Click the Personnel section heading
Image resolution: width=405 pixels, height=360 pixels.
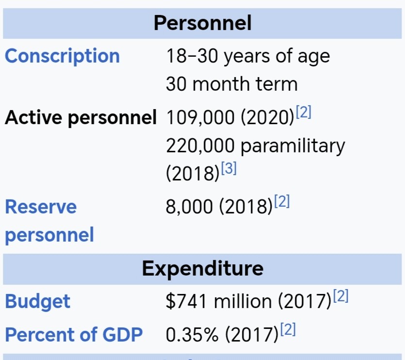point(202,23)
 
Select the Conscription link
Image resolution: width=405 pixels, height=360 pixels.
point(62,56)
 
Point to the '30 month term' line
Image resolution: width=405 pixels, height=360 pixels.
point(231,84)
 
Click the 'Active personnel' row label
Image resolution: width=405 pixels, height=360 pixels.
point(81,117)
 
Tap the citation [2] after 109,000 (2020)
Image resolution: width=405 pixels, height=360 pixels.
point(303,113)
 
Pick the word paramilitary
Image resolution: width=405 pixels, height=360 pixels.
point(292,145)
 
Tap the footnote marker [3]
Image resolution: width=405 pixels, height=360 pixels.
point(228,168)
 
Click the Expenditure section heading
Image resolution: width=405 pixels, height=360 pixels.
point(202,268)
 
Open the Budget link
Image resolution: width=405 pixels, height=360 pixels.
point(37,301)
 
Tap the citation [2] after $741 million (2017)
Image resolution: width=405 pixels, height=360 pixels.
point(340,296)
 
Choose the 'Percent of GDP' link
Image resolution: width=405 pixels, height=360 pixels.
point(74,335)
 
